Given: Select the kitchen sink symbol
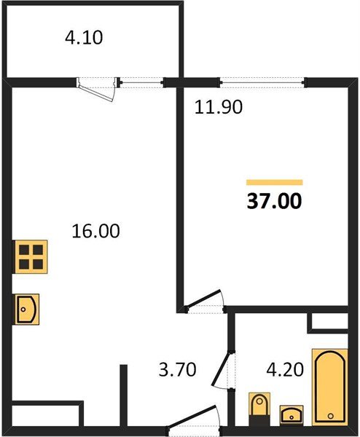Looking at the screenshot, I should click(26, 310).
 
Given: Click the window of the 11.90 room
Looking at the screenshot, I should click(262, 81).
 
